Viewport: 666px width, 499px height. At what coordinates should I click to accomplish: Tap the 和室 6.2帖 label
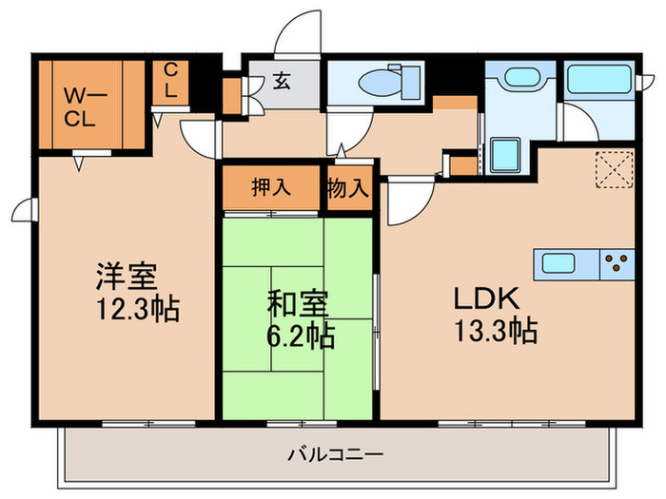(297, 320)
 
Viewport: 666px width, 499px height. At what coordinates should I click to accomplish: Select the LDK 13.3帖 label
(495, 316)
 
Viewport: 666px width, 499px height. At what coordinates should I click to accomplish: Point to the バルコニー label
(335, 455)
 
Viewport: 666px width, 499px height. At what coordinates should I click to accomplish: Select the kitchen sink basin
(563, 262)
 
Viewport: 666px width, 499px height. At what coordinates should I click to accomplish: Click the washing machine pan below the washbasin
(506, 153)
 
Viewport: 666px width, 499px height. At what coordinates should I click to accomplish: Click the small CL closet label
(170, 82)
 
